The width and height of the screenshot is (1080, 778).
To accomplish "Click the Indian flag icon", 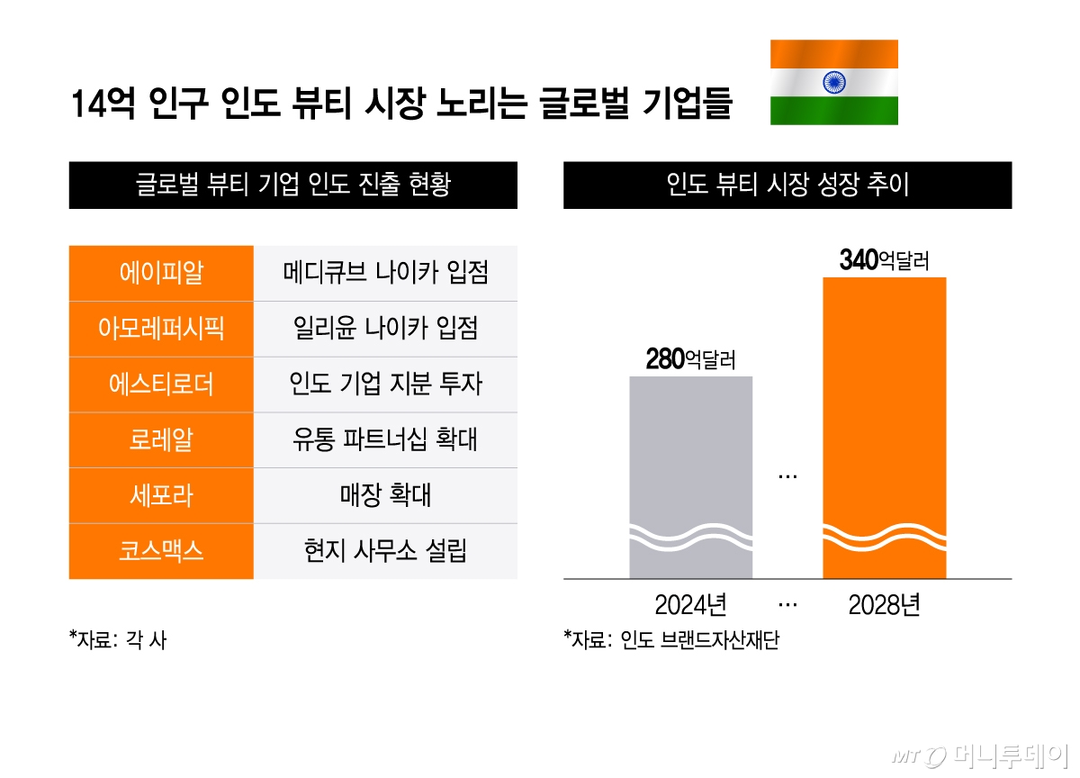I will click(x=833, y=82).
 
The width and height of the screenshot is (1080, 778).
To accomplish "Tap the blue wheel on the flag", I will click(x=833, y=83).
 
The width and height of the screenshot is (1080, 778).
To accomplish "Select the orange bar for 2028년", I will click(x=885, y=427).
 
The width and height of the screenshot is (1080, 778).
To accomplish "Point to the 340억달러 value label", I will click(x=884, y=261).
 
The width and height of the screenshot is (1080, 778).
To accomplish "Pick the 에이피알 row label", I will click(x=161, y=273).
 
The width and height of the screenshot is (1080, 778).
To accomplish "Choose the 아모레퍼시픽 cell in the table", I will click(x=161, y=329).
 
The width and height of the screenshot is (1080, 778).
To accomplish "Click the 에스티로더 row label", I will click(x=161, y=384).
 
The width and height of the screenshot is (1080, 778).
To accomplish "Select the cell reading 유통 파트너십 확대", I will click(x=385, y=439).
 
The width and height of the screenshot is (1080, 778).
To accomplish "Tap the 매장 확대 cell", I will click(x=385, y=495).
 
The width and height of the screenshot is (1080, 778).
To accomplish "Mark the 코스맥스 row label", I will click(x=161, y=550).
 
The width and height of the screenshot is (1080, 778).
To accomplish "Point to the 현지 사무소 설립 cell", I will click(x=385, y=550).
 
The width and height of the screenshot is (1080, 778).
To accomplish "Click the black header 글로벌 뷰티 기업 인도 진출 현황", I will click(x=292, y=185).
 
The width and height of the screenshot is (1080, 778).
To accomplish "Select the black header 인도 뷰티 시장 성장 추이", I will click(x=787, y=185).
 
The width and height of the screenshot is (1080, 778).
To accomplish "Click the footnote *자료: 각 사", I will click(x=118, y=641).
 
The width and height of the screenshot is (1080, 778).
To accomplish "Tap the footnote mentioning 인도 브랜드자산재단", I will click(x=670, y=641).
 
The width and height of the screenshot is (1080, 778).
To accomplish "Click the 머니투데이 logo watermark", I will click(x=981, y=755).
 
